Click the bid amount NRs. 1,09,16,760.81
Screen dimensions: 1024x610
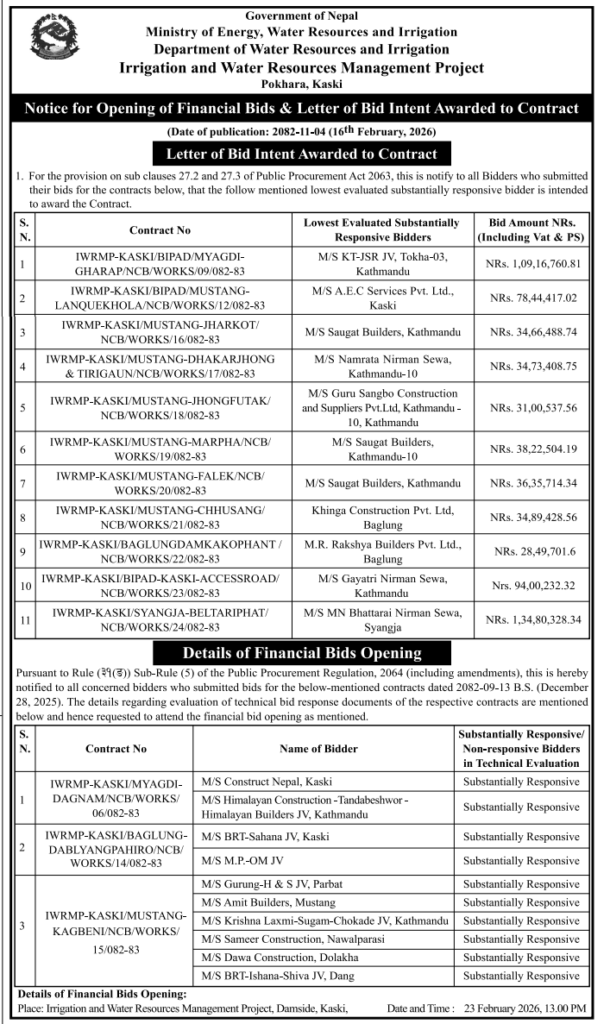pos(533,262)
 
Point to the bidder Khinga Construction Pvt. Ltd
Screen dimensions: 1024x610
pos(382,517)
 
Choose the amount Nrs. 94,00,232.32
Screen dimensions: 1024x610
pos(533,586)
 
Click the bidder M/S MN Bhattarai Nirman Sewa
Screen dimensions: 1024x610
pos(381,619)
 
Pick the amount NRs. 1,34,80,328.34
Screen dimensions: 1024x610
pos(533,619)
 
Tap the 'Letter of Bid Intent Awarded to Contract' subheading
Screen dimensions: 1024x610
pos(302,154)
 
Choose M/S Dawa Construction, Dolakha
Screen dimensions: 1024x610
pos(267,957)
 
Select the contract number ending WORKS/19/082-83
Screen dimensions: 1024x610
pos(160,449)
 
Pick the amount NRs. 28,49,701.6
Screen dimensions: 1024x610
pos(533,551)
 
